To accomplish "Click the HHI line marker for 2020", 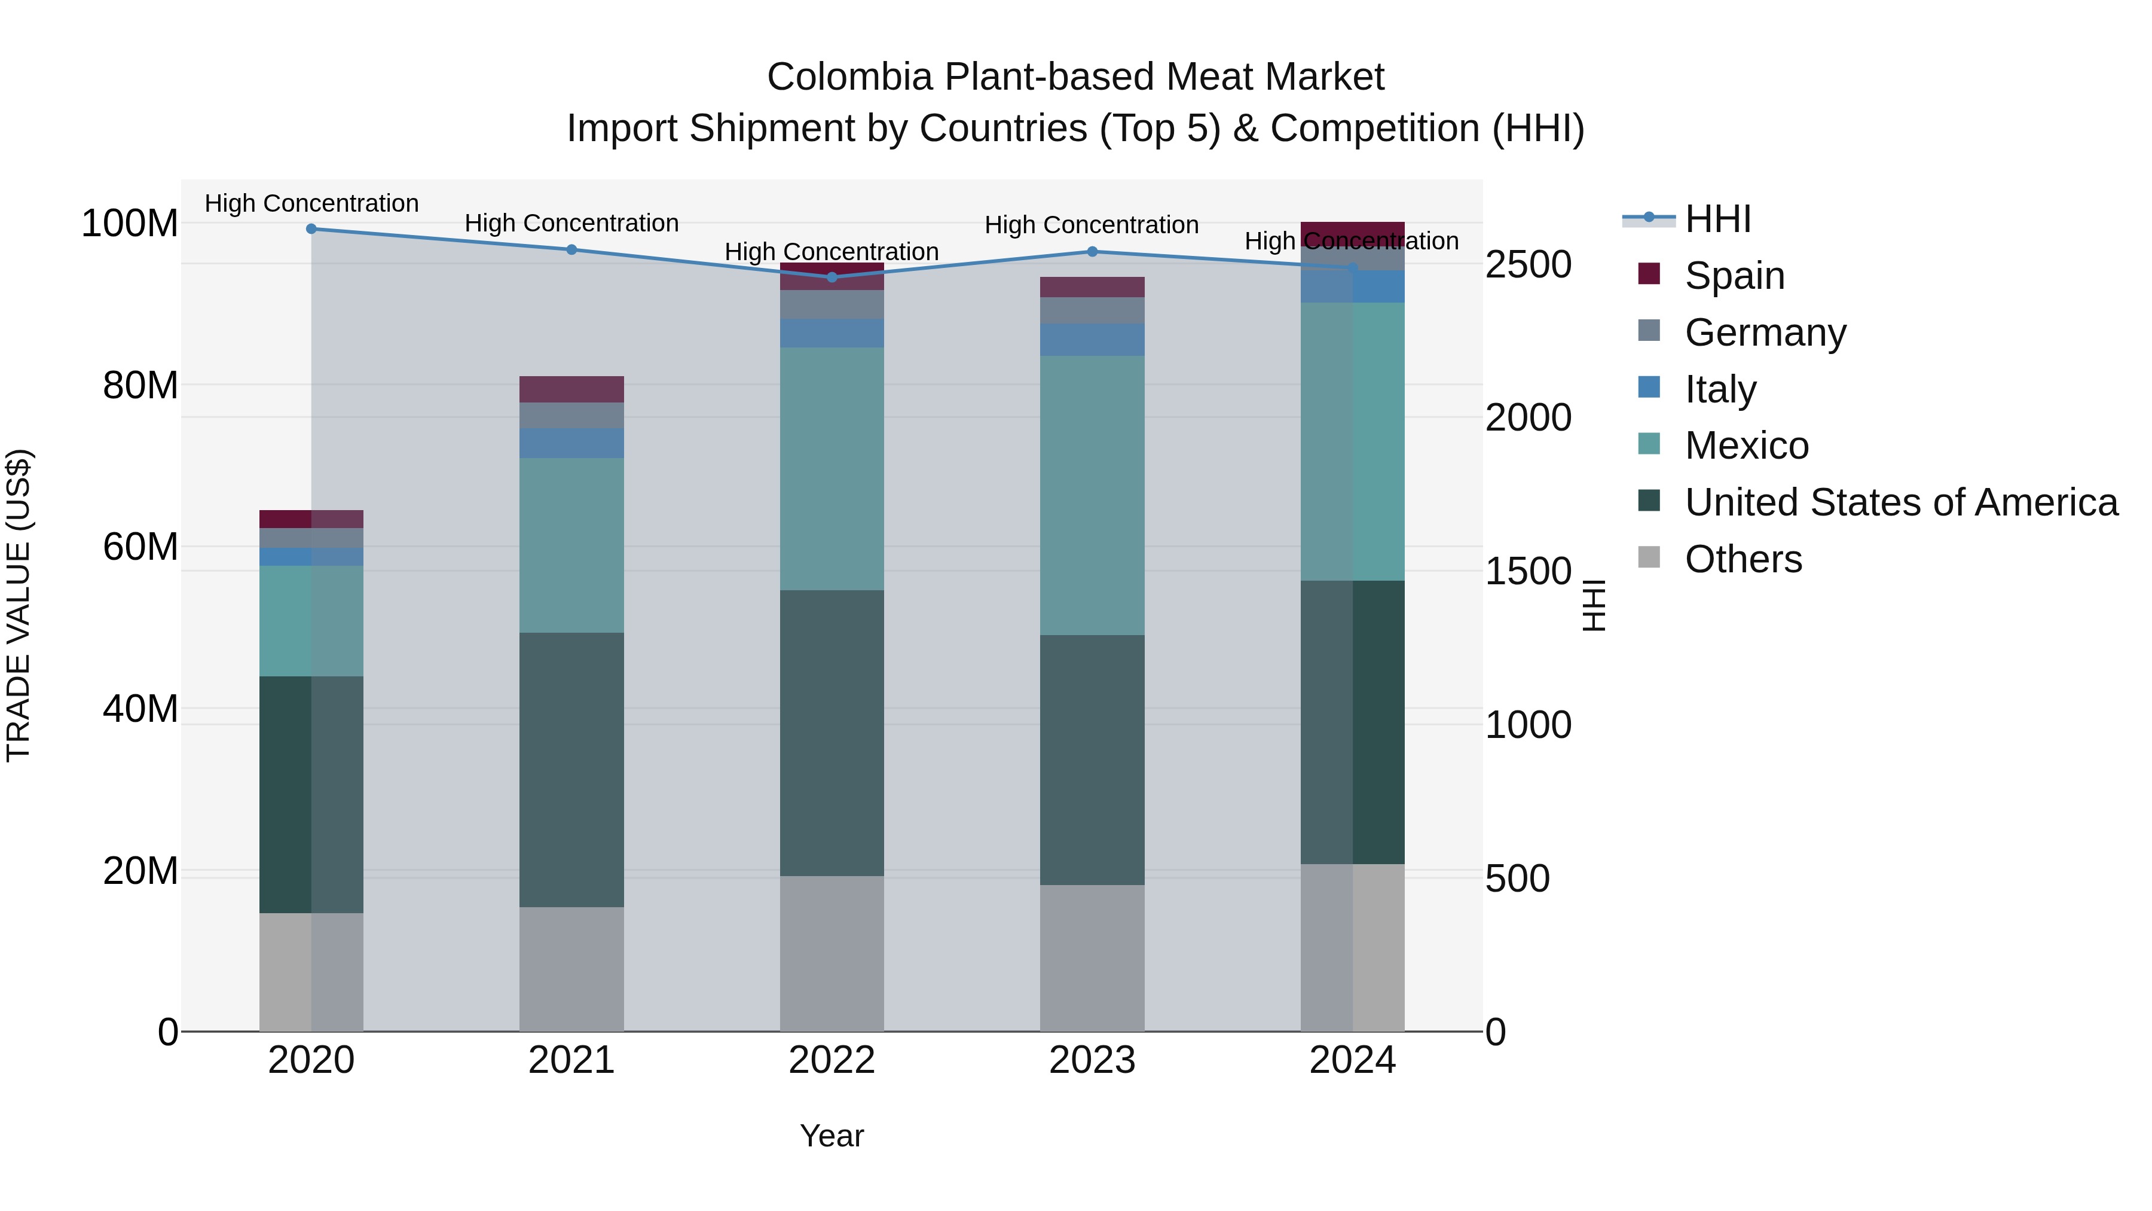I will pyautogui.click(x=311, y=229).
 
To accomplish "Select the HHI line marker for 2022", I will pyautogui.click(x=832, y=277).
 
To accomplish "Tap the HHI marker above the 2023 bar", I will pyautogui.click(x=1092, y=252).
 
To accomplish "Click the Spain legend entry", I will pyautogui.click(x=1734, y=276).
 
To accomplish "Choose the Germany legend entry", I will pyautogui.click(x=1765, y=333).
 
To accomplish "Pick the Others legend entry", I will pyautogui.click(x=1743, y=559).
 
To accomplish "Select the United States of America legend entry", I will pyautogui.click(x=1900, y=502).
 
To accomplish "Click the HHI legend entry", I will pyautogui.click(x=1717, y=219).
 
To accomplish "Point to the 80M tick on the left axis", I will pyautogui.click(x=140, y=385).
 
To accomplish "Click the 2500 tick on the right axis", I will pyautogui.click(x=1528, y=265).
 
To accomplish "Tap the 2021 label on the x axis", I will pyautogui.click(x=571, y=1060).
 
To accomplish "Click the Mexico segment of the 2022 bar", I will pyautogui.click(x=832, y=468).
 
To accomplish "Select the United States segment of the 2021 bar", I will pyautogui.click(x=571, y=769).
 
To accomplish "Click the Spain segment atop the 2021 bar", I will pyautogui.click(x=571, y=389).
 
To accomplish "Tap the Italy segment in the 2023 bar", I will pyautogui.click(x=1092, y=339).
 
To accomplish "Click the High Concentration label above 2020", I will pyautogui.click(x=311, y=204).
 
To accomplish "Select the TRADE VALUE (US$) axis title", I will pyautogui.click(x=19, y=605).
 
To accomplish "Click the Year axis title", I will pyautogui.click(x=832, y=1136).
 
